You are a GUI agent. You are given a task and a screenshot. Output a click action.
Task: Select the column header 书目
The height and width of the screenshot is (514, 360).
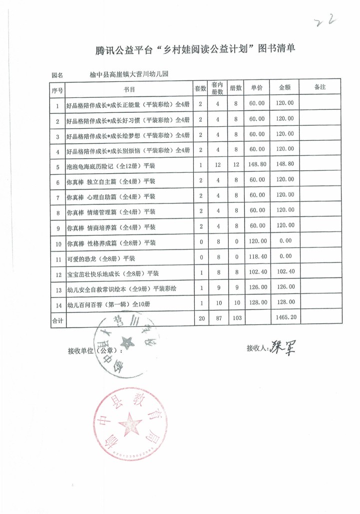(x=129, y=88)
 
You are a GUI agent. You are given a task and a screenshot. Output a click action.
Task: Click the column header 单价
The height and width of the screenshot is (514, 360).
(x=257, y=87)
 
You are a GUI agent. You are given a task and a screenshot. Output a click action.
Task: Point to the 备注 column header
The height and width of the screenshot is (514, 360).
(x=320, y=87)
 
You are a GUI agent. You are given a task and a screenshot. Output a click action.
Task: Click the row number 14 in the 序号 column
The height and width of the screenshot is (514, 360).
(x=57, y=303)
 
